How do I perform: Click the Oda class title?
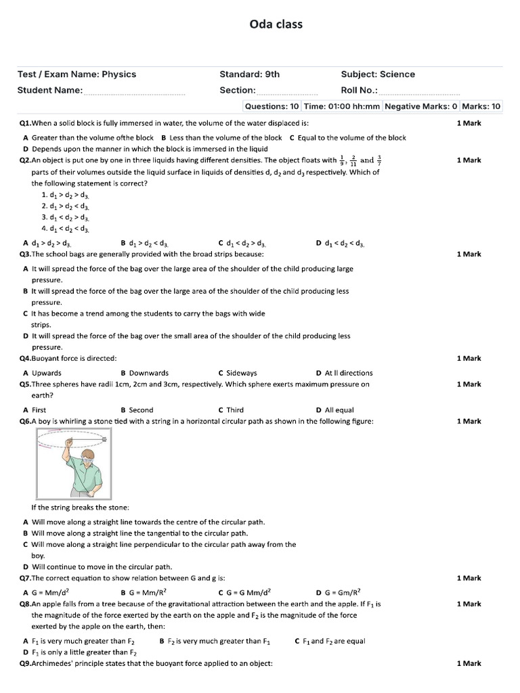pyautogui.click(x=276, y=24)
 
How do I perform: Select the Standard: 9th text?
pyautogui.click(x=249, y=74)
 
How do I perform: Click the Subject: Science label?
pyautogui.click(x=378, y=74)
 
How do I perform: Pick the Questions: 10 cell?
pyautogui.click(x=272, y=106)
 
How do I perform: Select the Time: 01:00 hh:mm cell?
pyautogui.click(x=342, y=106)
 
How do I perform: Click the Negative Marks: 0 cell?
pyautogui.click(x=421, y=106)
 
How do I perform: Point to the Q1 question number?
pyautogui.click(x=25, y=123)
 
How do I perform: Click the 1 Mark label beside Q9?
pyautogui.click(x=469, y=664)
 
